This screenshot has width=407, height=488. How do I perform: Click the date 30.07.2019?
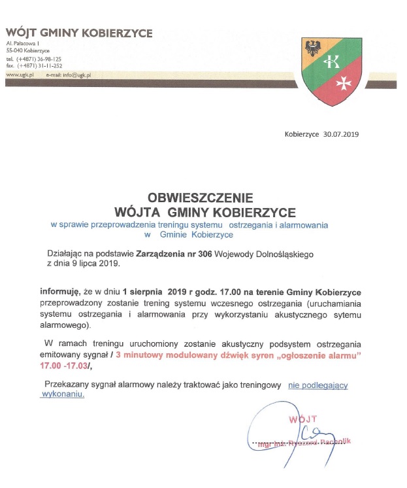[x=341, y=135]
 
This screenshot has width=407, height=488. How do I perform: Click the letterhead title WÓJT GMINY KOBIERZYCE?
[x=79, y=33]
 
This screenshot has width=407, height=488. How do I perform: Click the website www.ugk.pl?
[x=20, y=75]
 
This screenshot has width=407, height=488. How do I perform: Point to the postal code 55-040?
[x=15, y=50]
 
